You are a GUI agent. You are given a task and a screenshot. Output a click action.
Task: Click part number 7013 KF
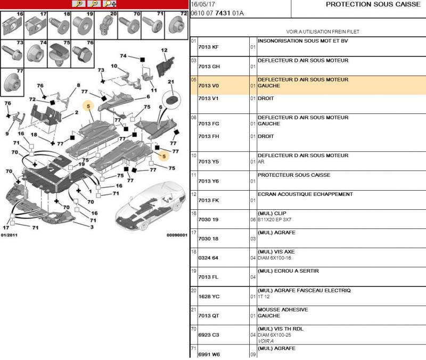coord(208,47)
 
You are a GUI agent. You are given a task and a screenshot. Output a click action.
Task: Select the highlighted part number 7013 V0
coord(208,86)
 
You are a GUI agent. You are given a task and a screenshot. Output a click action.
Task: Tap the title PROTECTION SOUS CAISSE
coord(373,4)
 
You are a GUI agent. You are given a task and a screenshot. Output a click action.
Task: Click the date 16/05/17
coord(203,4)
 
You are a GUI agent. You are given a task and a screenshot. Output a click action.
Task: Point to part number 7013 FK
coord(208,200)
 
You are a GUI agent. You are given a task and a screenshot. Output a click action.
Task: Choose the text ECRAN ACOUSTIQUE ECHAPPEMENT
coord(305,194)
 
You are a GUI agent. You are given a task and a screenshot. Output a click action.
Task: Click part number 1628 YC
coord(209,297)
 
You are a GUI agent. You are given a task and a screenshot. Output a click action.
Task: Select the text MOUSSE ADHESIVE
coord(283,309)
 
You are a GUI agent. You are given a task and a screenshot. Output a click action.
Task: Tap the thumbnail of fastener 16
coord(12,26)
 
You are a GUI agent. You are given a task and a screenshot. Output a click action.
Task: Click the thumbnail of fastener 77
coord(12,82)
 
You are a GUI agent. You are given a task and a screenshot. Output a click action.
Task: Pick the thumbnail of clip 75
coord(59,54)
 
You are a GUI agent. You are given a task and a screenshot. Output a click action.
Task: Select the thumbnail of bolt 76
coord(83,54)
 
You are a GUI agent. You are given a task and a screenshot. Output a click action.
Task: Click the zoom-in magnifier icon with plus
coord(79,4)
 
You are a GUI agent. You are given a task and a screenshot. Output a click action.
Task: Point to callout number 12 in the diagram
coord(164,50)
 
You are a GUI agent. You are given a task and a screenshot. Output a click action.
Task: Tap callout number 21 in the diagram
coord(170,81)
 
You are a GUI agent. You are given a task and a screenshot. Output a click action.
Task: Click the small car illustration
coord(151,206)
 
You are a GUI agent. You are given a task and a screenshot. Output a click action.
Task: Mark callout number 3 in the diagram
coord(92,227)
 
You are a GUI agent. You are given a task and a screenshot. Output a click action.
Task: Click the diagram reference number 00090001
coord(177,235)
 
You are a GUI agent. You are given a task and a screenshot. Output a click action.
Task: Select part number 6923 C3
coord(208,335)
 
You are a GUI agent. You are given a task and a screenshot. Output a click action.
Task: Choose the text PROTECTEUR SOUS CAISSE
coord(294,175)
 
